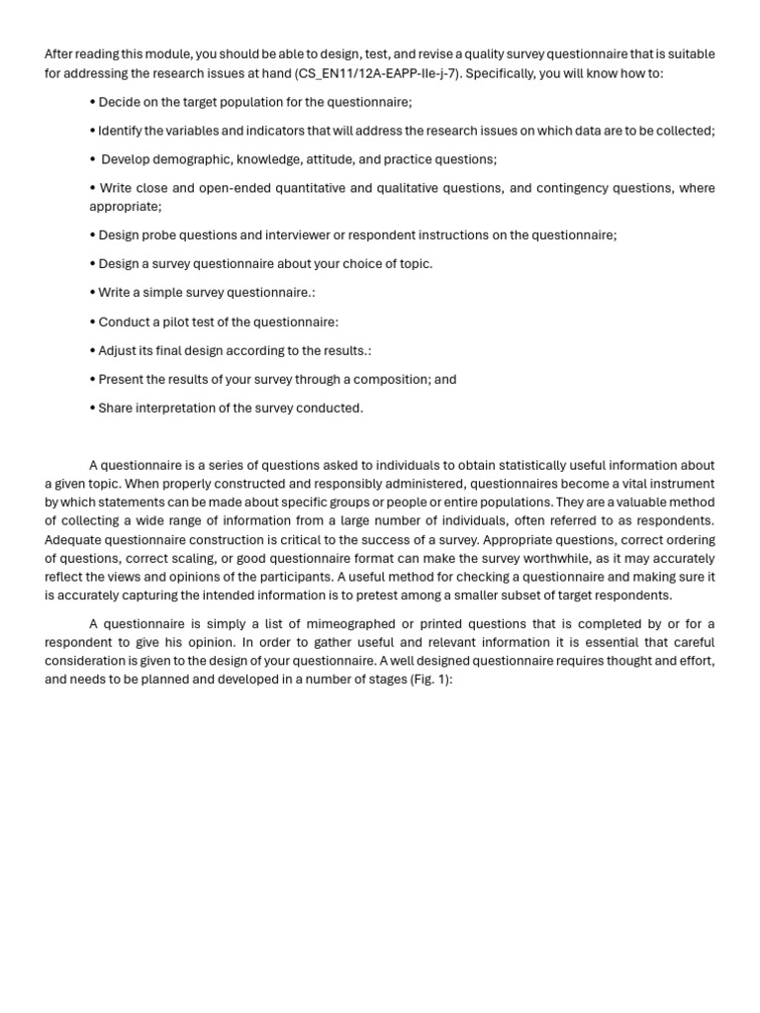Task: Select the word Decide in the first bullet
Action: point(120,102)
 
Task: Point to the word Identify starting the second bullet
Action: point(123,131)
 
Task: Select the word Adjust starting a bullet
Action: point(119,351)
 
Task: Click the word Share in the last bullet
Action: point(117,409)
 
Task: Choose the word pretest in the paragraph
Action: point(429,596)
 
